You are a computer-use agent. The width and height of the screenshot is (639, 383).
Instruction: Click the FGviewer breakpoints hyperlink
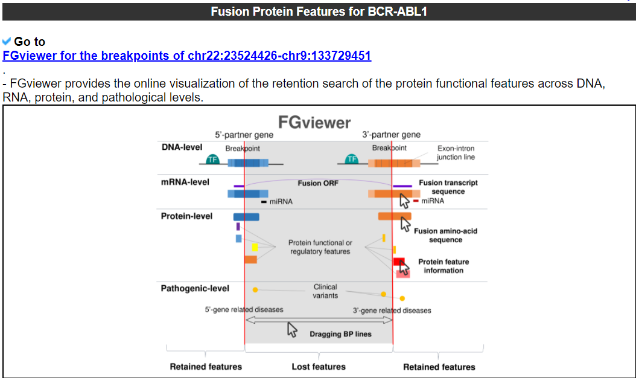pyautogui.click(x=186, y=56)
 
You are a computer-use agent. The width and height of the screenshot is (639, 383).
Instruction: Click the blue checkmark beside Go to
pyautogui.click(x=7, y=41)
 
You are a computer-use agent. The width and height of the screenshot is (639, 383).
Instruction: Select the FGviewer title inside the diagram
pyautogui.click(x=313, y=123)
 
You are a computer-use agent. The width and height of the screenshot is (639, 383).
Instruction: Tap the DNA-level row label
pyautogui.click(x=182, y=147)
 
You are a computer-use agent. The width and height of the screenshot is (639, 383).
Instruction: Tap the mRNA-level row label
pyautogui.click(x=185, y=182)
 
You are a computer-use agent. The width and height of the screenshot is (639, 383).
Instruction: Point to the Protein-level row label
pyautogui.click(x=186, y=216)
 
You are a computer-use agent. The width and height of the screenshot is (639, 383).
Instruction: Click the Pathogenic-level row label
pyautogui.click(x=195, y=289)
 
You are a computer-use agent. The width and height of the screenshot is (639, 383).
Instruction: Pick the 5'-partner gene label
pyautogui.click(x=244, y=135)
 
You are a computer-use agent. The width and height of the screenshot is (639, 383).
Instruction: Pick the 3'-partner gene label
pyautogui.click(x=392, y=135)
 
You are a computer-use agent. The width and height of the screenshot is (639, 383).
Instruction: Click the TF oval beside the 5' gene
pyautogui.click(x=212, y=159)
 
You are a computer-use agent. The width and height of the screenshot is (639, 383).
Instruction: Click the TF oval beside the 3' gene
pyautogui.click(x=352, y=159)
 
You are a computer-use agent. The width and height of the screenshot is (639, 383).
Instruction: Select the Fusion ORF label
pyautogui.click(x=318, y=183)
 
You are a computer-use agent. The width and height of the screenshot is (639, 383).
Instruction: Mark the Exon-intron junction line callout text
pyautogui.click(x=456, y=153)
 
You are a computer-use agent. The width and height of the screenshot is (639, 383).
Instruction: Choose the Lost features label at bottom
pyautogui.click(x=319, y=367)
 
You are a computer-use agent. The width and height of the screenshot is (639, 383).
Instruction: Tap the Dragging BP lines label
pyautogui.click(x=340, y=334)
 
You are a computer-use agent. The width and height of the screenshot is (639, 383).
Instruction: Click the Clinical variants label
pyautogui.click(x=325, y=291)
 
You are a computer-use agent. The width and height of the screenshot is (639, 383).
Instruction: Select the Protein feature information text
pyautogui.click(x=443, y=266)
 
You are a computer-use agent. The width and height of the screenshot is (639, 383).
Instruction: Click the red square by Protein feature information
pyautogui.click(x=399, y=262)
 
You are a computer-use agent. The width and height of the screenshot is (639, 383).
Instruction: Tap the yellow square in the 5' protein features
pyautogui.click(x=255, y=247)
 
